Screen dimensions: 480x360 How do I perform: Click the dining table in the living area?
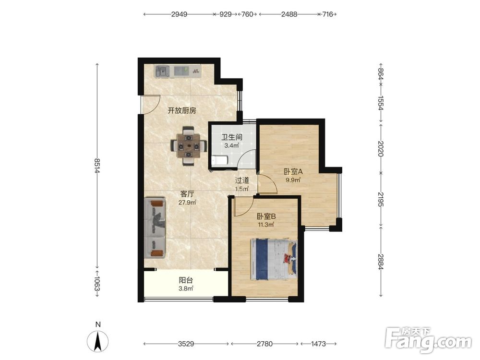[189, 146]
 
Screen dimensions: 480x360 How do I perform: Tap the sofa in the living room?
[155, 228]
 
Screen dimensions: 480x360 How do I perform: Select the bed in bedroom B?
[274, 259]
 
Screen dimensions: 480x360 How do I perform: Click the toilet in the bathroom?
[219, 161]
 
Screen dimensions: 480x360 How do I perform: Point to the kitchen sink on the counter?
[162, 72]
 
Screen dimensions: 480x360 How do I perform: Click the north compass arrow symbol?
[97, 341]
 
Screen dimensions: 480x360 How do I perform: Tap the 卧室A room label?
[293, 171]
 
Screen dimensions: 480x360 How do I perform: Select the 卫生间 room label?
[232, 137]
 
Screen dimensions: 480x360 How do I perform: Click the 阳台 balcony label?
[186, 280]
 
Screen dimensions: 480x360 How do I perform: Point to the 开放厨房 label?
[182, 110]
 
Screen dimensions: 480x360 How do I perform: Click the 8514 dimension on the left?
[97, 166]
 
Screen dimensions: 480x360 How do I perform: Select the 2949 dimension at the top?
[179, 14]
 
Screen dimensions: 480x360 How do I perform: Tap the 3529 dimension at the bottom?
[186, 344]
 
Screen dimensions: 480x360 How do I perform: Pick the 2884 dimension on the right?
[381, 262]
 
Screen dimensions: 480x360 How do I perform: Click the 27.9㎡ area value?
[187, 203]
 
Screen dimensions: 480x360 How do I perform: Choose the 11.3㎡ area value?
[265, 225]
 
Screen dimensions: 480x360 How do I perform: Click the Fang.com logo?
[428, 339]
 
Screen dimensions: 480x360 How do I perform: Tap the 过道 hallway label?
[242, 180]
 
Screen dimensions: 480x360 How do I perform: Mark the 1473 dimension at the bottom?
[318, 344]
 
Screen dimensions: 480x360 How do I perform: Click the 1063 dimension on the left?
[97, 284]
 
